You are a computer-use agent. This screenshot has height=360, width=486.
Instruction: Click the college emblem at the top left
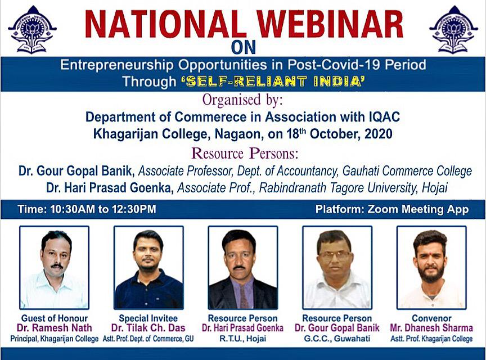(x=32, y=30)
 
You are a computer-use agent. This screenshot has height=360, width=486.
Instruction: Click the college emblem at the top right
(x=453, y=29)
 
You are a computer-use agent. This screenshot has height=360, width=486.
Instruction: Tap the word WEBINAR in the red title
(x=330, y=25)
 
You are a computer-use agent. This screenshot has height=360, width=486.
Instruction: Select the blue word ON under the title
(x=244, y=48)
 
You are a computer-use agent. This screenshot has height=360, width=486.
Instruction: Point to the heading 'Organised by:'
(x=242, y=100)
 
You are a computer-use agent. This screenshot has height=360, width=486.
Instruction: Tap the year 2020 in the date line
(x=379, y=134)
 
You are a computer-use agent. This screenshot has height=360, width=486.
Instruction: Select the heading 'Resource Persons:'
(x=245, y=154)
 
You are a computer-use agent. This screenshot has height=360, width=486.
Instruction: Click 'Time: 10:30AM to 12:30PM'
(x=87, y=209)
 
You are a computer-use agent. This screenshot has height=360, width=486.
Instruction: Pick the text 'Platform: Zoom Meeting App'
(x=392, y=209)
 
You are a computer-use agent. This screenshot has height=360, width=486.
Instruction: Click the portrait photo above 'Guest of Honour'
(x=54, y=268)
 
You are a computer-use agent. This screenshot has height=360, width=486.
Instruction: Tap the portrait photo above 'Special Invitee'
(x=148, y=268)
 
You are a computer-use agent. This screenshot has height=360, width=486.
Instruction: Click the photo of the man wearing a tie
(x=243, y=268)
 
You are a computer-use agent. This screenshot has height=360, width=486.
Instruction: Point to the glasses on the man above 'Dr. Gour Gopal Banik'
(x=334, y=255)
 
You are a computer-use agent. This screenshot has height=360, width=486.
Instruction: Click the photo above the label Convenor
(x=432, y=268)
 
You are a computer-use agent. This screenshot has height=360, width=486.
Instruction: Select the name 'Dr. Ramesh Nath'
(x=54, y=328)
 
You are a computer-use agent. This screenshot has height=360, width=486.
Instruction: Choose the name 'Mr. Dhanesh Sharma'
(x=431, y=328)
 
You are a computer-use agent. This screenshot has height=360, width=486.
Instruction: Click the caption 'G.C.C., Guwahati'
(x=337, y=338)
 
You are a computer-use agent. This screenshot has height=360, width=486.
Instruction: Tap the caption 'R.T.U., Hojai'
(x=242, y=338)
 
